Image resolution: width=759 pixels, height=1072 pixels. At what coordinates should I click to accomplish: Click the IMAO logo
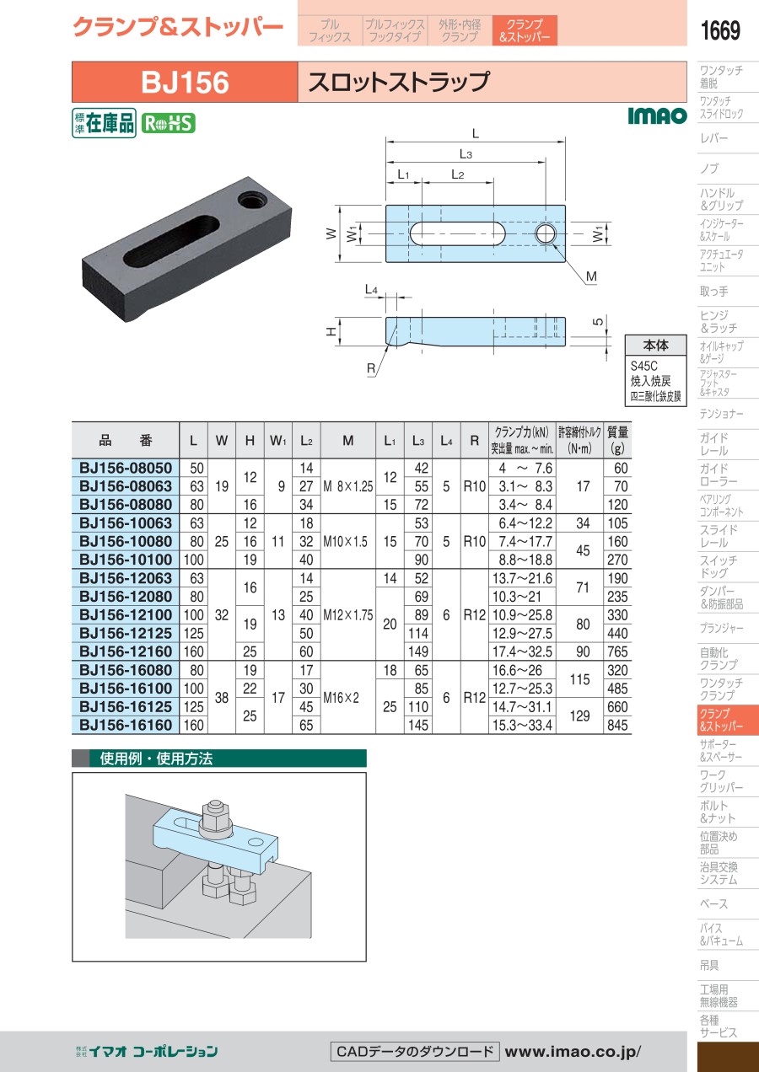[657, 115]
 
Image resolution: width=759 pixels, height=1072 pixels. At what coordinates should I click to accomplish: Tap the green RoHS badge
[168, 124]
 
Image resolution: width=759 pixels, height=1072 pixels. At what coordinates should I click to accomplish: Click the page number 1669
[720, 30]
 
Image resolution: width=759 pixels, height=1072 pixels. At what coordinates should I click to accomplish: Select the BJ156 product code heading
[185, 82]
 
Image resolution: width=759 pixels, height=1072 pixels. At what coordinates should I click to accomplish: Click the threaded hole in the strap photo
[250, 199]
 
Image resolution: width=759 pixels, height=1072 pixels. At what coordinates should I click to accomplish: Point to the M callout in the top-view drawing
[591, 276]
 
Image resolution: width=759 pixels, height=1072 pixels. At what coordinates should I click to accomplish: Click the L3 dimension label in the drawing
[466, 153]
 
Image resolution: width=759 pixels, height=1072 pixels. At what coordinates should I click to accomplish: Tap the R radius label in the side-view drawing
[371, 368]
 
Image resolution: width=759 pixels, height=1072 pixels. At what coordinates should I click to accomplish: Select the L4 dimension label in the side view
[371, 290]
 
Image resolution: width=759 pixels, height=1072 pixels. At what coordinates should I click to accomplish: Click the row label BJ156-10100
[126, 560]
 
